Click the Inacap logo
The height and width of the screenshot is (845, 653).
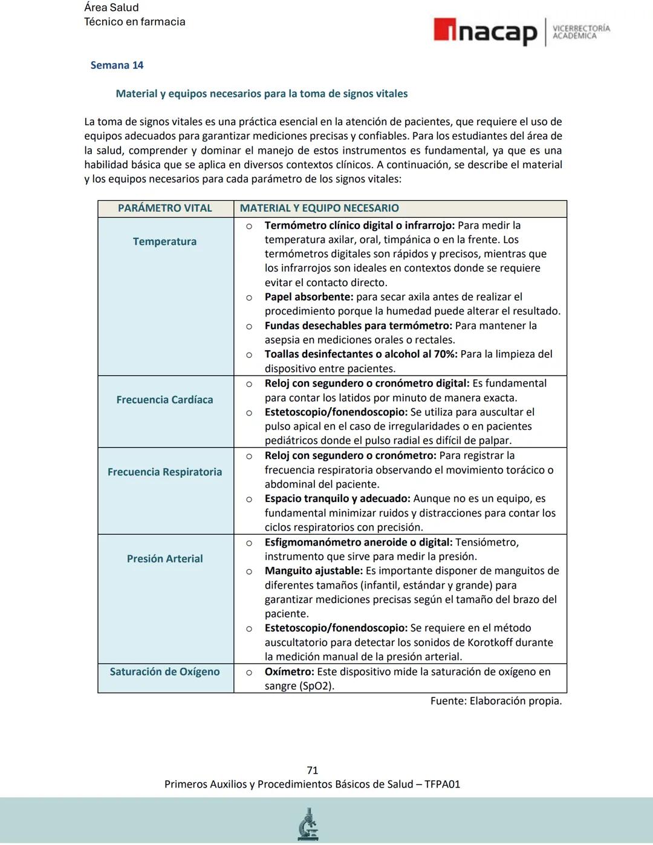coord(486,31)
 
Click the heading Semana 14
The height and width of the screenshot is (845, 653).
coord(117,65)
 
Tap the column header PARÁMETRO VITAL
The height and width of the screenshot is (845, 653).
coord(164,208)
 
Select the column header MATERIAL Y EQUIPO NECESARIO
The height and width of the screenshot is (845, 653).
coord(319,208)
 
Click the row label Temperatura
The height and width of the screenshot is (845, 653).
coord(164,241)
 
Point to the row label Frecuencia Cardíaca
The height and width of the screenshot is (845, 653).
coord(164,400)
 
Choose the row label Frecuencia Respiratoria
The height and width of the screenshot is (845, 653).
coord(164,472)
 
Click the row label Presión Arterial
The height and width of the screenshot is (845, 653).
coord(164,559)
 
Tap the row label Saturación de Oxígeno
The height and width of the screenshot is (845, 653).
coord(164,672)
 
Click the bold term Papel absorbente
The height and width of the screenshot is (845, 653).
coord(308,297)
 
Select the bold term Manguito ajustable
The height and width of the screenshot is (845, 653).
coord(313,571)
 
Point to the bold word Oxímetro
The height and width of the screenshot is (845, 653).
coord(289,672)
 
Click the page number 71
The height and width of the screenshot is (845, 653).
coord(312,770)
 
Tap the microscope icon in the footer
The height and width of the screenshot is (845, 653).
coord(308,824)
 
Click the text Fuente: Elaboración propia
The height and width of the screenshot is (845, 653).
coord(496,701)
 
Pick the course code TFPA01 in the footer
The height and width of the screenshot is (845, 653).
coord(442,785)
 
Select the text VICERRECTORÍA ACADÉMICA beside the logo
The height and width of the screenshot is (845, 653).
coord(581,32)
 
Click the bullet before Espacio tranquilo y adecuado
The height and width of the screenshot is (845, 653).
coord(249,500)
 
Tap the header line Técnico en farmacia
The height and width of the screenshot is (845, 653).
coord(134,22)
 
